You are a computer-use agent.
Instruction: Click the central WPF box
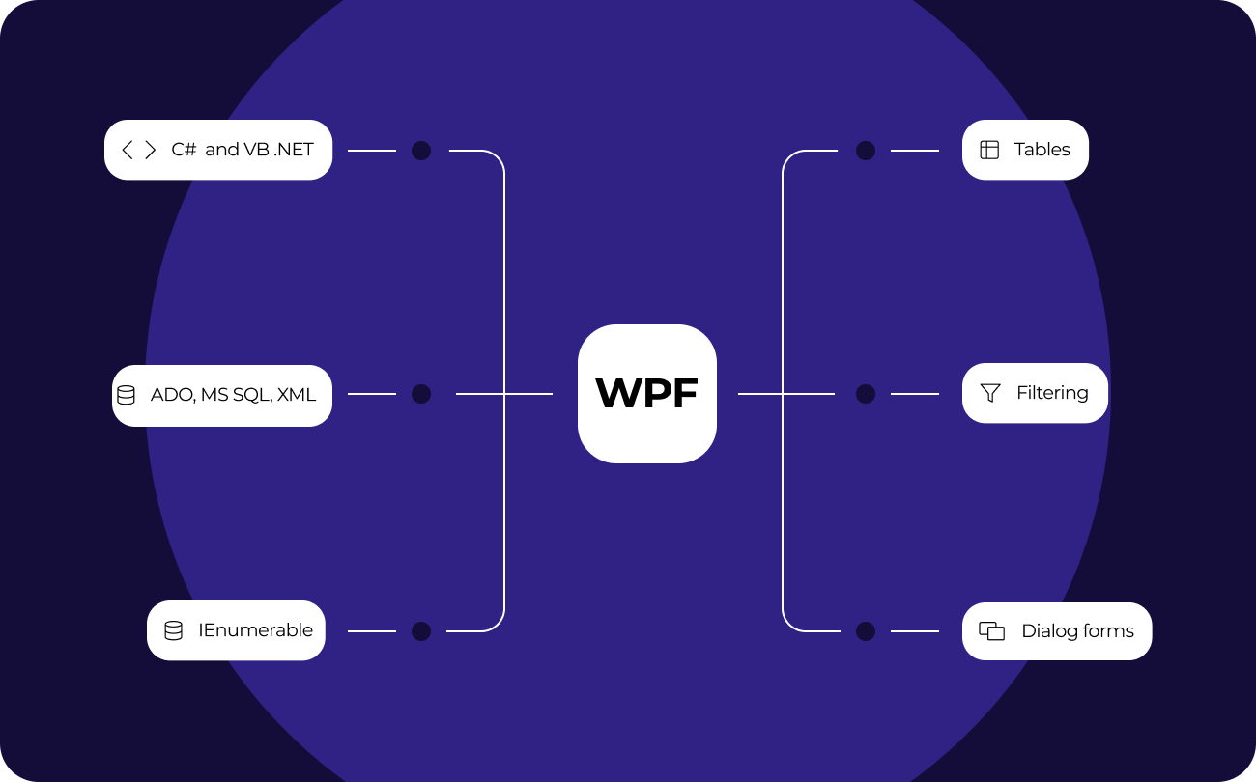pos(647,394)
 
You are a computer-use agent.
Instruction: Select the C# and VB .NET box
pos(218,150)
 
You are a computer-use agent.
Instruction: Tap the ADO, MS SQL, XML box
pos(222,395)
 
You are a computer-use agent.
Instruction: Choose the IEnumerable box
pos(236,630)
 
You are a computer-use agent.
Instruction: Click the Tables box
pos(1025,150)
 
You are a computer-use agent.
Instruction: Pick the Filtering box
pos(1035,393)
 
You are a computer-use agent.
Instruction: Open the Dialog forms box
pos(1057,631)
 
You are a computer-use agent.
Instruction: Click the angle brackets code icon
pos(138,150)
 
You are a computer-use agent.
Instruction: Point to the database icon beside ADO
pos(126,395)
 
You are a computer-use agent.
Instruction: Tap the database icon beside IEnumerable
pos(173,630)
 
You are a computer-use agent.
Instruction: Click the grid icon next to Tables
pos(989,150)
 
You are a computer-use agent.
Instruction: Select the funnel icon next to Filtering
pos(990,393)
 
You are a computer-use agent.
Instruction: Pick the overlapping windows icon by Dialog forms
pos(991,631)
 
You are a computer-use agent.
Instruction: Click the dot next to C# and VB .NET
pos(421,151)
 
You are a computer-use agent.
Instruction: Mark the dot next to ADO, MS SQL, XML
pos(421,394)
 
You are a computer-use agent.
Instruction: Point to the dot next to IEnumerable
pos(421,631)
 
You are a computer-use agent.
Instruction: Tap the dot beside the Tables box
pos(866,151)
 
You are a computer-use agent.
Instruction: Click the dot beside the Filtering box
pos(866,394)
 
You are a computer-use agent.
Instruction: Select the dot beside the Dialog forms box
pos(866,631)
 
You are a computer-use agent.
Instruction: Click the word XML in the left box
pos(297,395)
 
